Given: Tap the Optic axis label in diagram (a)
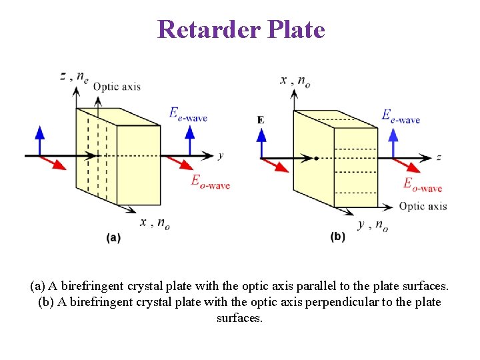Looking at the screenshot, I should [117, 86].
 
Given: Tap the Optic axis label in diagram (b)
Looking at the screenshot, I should [423, 206].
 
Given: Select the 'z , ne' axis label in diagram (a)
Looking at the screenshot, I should [74, 76].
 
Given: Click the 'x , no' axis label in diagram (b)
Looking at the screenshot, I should [295, 81].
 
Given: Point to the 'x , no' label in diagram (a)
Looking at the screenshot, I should [154, 223].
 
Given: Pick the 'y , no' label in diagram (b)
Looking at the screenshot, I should [373, 225].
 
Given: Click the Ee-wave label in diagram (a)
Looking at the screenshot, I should [188, 115].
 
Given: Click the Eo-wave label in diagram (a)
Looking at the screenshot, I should [210, 181].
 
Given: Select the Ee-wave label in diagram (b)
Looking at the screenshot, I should [400, 117].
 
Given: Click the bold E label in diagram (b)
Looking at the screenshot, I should [260, 120].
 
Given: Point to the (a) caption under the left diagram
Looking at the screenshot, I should [113, 237].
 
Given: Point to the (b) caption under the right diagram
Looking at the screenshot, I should [338, 237].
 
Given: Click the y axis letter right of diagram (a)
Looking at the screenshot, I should [220, 156].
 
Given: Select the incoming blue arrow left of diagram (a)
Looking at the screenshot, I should [39, 141].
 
